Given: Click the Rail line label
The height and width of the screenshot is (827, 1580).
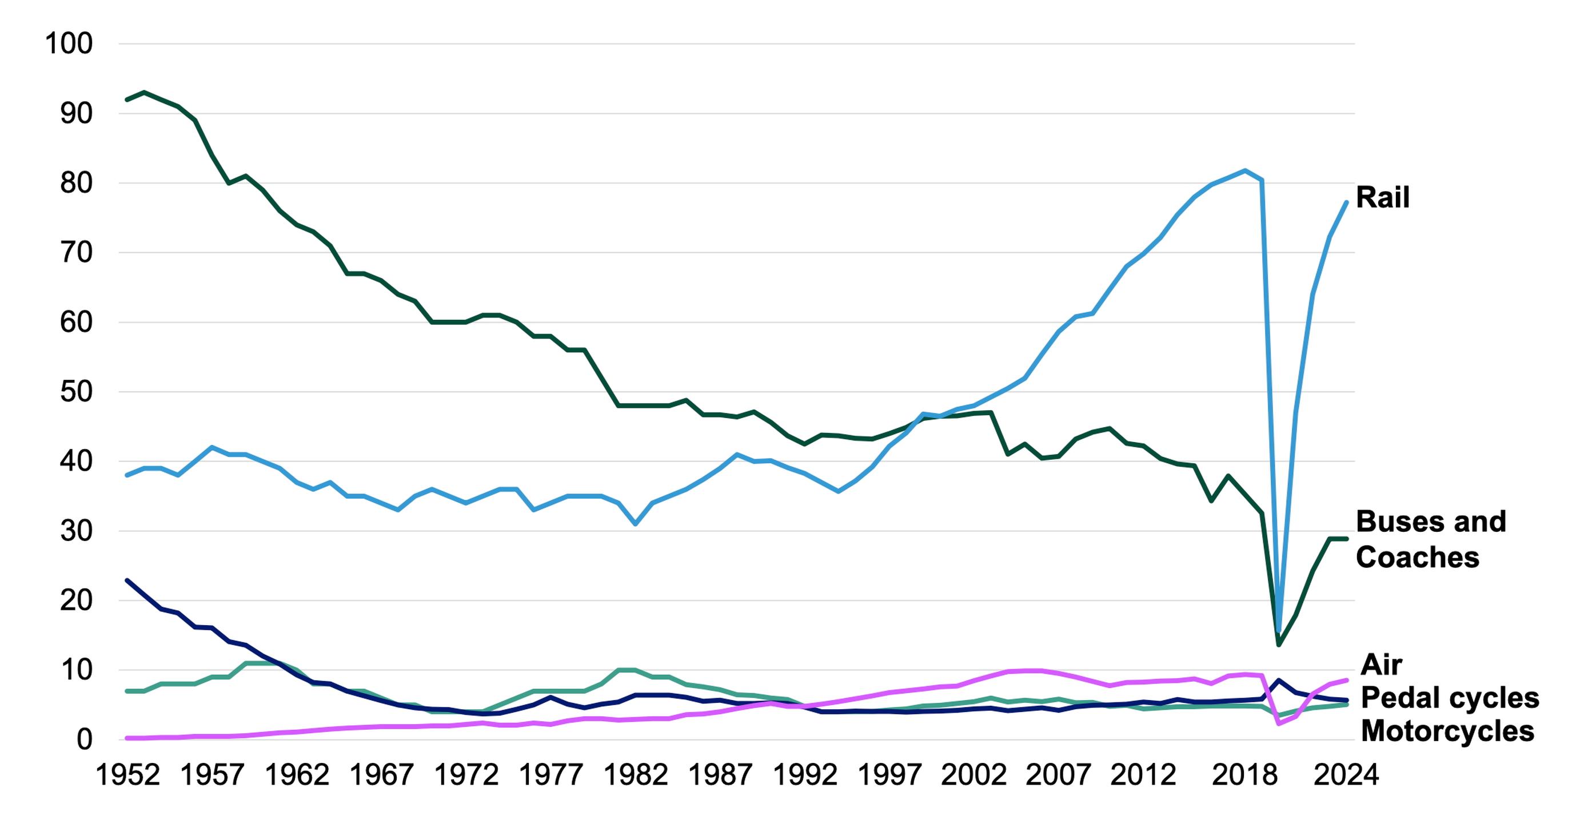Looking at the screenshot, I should click(x=1382, y=197).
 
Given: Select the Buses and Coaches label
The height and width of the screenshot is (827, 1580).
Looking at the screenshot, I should click(x=1430, y=539).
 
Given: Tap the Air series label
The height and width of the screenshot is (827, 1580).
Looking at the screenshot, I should click(x=1381, y=665).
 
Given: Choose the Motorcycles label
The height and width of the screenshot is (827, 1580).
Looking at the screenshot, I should click(x=1447, y=731).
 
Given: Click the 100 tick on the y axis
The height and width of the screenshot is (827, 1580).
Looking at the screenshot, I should click(x=69, y=43).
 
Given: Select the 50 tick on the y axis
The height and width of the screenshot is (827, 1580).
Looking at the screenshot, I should click(x=76, y=391).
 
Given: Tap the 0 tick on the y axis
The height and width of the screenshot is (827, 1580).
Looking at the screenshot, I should click(x=84, y=739).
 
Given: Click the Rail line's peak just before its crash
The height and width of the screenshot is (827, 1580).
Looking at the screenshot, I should click(x=1244, y=170).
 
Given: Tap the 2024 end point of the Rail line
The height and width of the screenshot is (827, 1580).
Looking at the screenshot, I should click(x=1346, y=202).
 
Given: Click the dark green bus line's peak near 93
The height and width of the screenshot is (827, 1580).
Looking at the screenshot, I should click(x=144, y=93).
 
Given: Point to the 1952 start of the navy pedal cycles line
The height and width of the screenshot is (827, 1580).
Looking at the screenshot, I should click(x=127, y=580).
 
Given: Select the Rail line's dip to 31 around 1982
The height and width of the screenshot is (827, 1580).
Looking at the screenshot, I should click(x=636, y=523).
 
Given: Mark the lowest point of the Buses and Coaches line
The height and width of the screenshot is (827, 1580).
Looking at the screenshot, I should click(x=1279, y=645).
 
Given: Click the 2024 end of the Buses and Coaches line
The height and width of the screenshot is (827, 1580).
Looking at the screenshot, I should click(x=1346, y=539).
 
